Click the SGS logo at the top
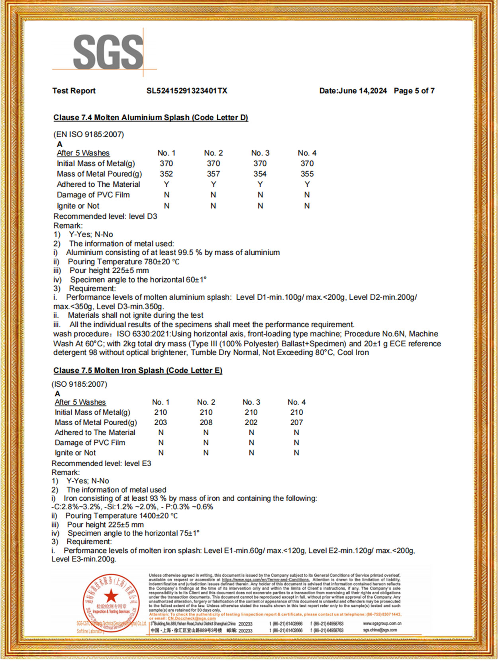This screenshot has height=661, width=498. tap(108, 51)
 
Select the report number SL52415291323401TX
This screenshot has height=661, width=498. tap(187, 91)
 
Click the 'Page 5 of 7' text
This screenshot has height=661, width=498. tap(414, 91)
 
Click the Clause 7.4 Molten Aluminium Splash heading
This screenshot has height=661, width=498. tap(151, 117)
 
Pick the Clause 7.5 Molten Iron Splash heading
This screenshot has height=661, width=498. tap(138, 370)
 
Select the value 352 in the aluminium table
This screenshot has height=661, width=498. tap(166, 174)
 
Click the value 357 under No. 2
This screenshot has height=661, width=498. tap(213, 174)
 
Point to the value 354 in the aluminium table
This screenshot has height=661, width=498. tap(260, 174)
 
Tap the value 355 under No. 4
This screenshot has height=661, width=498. tap(307, 174)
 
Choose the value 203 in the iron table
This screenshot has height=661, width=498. tap(161, 422)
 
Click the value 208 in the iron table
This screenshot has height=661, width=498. tap(206, 422)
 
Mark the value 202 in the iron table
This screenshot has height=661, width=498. tap(251, 422)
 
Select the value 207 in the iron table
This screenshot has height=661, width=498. tap(296, 422)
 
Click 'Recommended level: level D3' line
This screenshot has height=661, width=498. tap(105, 216)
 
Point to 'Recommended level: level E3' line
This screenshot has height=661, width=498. tap(101, 463)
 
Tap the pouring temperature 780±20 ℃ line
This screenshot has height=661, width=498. tap(124, 262)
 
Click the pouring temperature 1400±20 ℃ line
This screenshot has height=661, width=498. tap(122, 516)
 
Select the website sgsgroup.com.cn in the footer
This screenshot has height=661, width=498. tap(382, 624)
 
